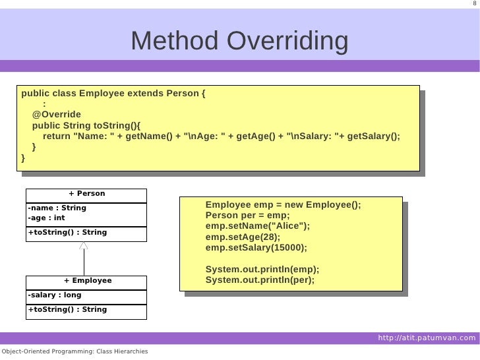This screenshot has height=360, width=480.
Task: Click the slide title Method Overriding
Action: point(239,42)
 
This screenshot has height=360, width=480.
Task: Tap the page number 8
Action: point(474,5)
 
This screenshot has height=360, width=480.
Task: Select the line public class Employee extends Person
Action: point(113,93)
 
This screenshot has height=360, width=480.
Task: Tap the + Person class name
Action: point(86,194)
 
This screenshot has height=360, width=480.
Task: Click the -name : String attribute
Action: point(57,208)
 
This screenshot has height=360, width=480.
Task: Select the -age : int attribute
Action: point(46,218)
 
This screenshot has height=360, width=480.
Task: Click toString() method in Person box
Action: point(67,233)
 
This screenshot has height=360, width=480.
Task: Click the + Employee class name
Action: point(87,281)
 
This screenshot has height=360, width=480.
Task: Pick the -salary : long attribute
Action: point(54,295)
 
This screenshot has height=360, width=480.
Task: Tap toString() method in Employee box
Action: point(67,309)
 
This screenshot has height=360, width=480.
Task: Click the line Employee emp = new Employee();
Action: point(284,205)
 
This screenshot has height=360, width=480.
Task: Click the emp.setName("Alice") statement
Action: point(257,226)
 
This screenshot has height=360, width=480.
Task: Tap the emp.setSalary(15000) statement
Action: point(256,248)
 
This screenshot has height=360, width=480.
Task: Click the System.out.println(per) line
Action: point(260,280)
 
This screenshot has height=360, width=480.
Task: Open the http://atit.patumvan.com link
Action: point(427,338)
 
